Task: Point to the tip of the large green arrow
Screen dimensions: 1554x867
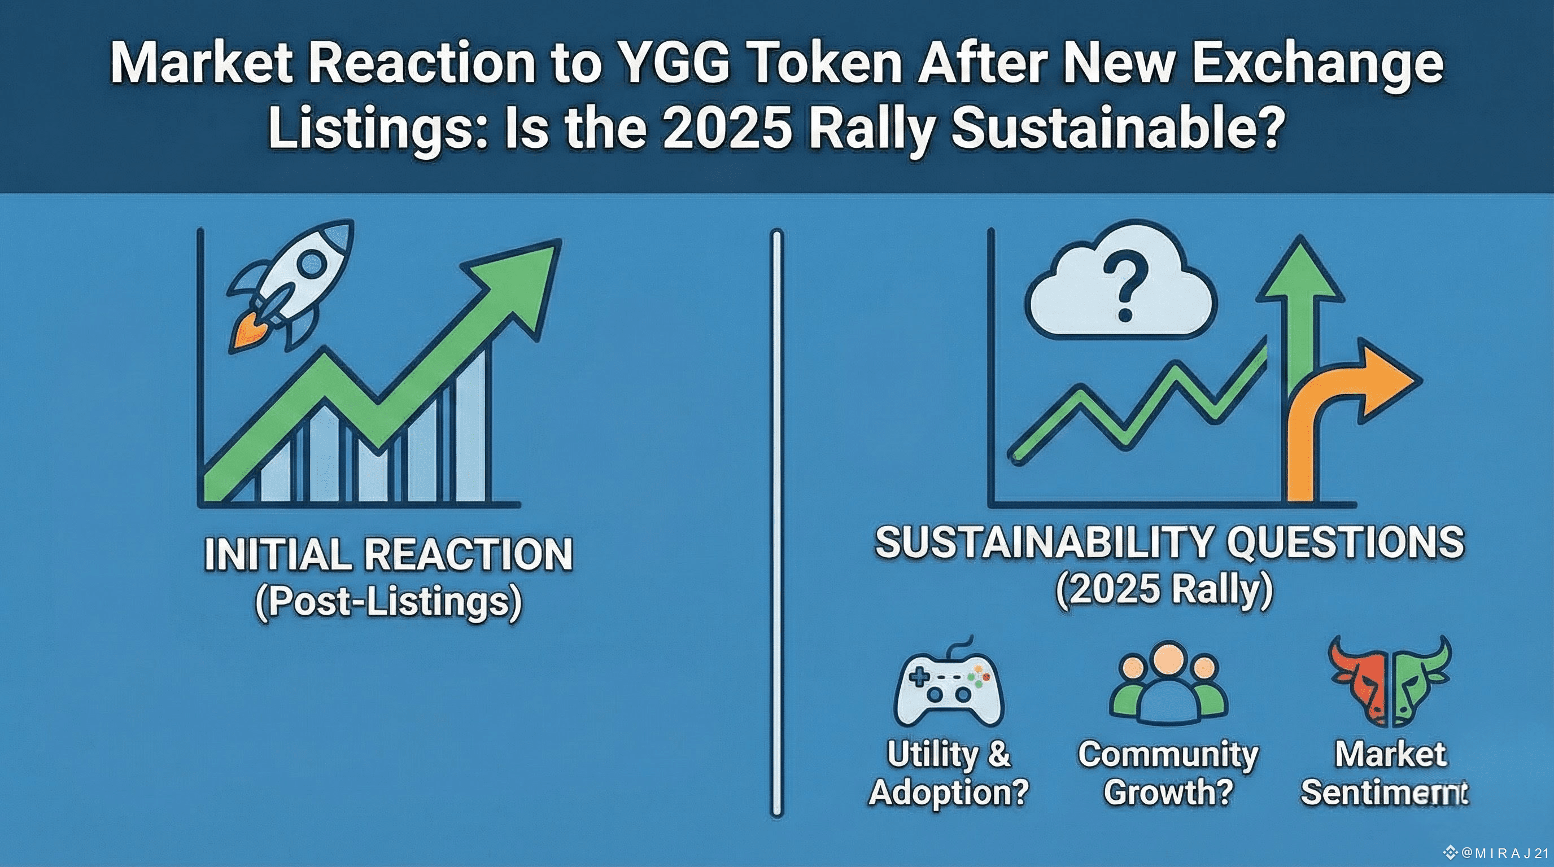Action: pyautogui.click(x=561, y=240)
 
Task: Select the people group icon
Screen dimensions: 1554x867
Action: pyautogui.click(x=1168, y=685)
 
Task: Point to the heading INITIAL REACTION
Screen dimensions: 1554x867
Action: pyautogui.click(x=388, y=555)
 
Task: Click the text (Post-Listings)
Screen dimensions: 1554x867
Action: pyautogui.click(x=388, y=602)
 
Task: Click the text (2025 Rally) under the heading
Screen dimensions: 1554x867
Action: pyautogui.click(x=1164, y=590)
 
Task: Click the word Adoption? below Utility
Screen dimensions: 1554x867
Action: pyautogui.click(x=949, y=791)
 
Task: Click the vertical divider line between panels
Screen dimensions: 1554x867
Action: pyautogui.click(x=777, y=522)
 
